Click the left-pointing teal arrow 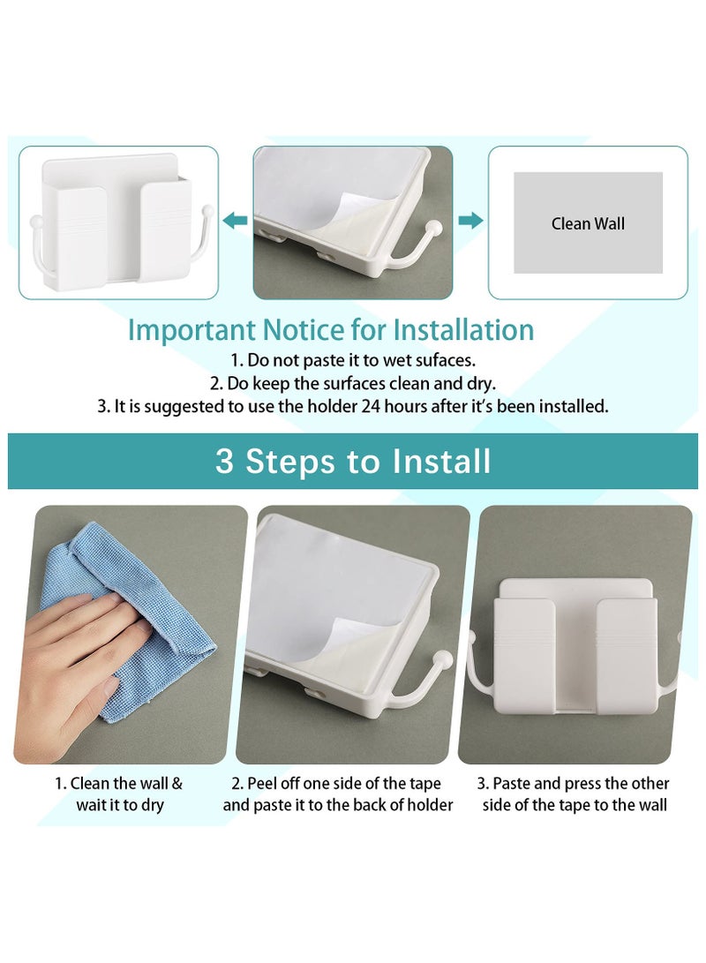pos(235,221)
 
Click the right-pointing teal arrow pos(471,221)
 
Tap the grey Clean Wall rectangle pos(588,222)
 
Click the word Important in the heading pos(192,330)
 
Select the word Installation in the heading pos(463,329)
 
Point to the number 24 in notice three pos(370,406)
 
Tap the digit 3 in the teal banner pos(225,462)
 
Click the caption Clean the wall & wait pos(119,794)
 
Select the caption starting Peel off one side pos(338,794)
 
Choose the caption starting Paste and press pos(574,794)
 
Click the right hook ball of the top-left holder pos(208,210)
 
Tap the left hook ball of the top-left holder pos(35,220)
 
